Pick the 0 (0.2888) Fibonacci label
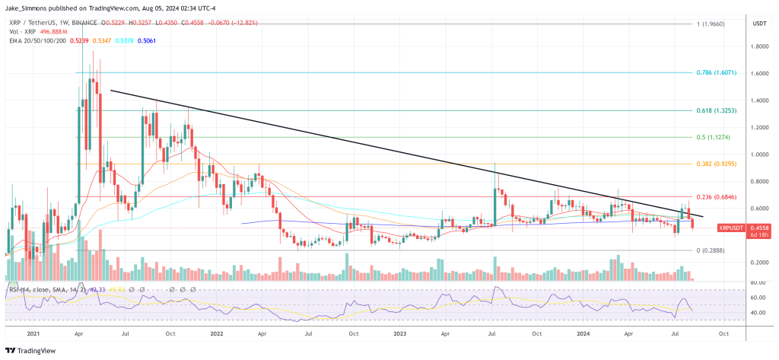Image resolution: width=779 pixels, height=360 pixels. [x=712, y=250]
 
